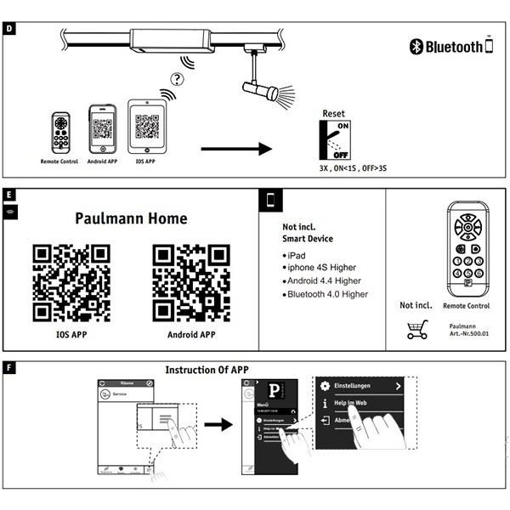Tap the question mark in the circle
click(176, 80)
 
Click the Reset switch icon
click(334, 139)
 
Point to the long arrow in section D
click(237, 150)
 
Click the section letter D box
click(9, 28)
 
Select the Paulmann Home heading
click(131, 218)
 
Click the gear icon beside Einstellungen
click(324, 386)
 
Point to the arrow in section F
click(218, 424)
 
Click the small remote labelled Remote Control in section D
click(59, 132)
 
